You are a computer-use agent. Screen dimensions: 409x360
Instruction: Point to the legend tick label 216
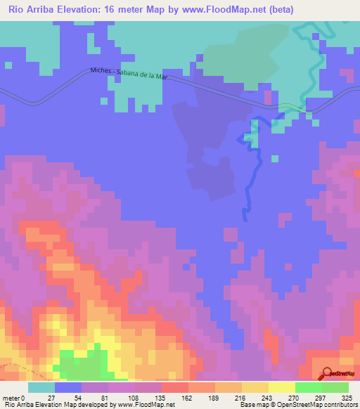[241, 398]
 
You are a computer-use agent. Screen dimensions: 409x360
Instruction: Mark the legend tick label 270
[295, 398]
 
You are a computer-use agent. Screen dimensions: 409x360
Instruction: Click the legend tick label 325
[347, 398]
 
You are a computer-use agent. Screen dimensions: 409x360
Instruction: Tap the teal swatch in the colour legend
[41, 387]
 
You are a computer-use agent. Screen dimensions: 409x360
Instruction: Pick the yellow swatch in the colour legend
[255, 387]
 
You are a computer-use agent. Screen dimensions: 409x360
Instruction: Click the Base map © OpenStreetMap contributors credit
[297, 405]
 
